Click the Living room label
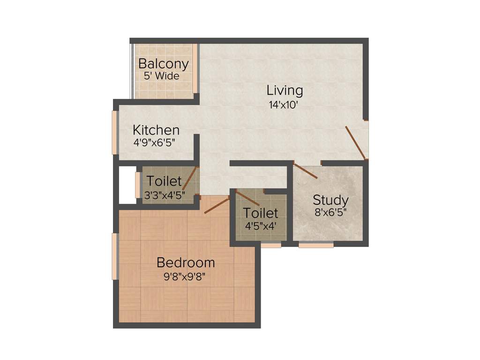285,90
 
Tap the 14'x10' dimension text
284,105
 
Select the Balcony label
163,64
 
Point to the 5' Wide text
162,76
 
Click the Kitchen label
156,130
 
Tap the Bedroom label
186,262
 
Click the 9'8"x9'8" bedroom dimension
185,276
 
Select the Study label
330,200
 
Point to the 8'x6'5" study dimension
331,212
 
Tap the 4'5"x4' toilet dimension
260,225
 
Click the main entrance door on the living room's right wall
356,143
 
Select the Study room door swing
305,171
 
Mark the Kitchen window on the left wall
114,132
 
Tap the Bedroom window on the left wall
114,256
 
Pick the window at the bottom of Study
316,244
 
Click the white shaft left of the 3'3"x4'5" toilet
127,185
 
